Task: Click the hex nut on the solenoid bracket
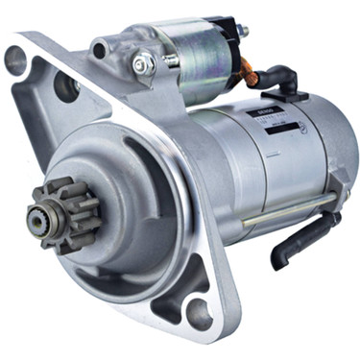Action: (x=143, y=64)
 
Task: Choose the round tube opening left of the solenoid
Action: (x=102, y=47)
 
